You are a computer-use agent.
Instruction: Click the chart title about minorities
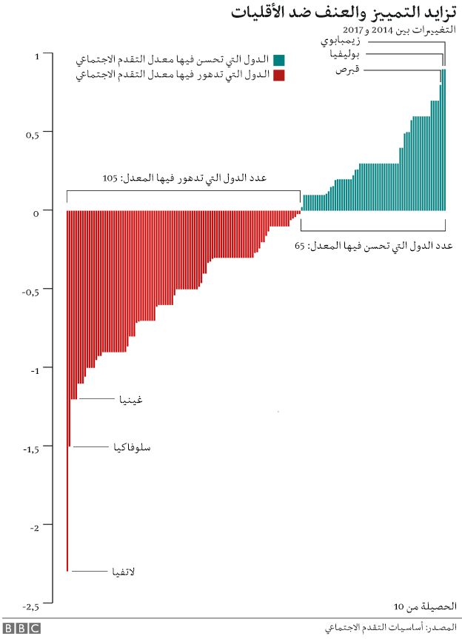click(x=344, y=13)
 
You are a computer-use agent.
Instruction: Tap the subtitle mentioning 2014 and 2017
click(x=399, y=30)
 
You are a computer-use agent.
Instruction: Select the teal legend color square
click(x=278, y=60)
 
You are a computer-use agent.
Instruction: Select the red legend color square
click(x=278, y=76)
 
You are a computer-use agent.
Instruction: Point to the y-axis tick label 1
click(x=37, y=57)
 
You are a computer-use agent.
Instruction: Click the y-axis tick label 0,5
click(x=33, y=136)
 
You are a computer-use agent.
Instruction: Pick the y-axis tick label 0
click(x=36, y=213)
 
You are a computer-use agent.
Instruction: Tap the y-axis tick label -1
click(x=35, y=371)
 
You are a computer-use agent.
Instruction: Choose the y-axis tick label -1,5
click(x=31, y=449)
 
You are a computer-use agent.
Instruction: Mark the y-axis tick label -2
click(x=35, y=528)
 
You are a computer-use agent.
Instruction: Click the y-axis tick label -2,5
click(x=31, y=607)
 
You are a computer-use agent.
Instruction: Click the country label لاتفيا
click(x=124, y=572)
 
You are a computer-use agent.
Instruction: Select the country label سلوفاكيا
click(x=132, y=447)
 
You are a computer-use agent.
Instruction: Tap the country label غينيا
click(x=131, y=399)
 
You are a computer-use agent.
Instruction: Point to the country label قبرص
click(x=347, y=70)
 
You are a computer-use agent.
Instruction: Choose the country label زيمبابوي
click(x=340, y=41)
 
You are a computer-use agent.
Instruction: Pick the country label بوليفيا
click(x=345, y=54)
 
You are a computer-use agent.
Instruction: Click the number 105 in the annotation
click(x=110, y=178)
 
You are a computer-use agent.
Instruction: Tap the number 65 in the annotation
click(x=299, y=246)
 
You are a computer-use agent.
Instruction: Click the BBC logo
click(x=22, y=628)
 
